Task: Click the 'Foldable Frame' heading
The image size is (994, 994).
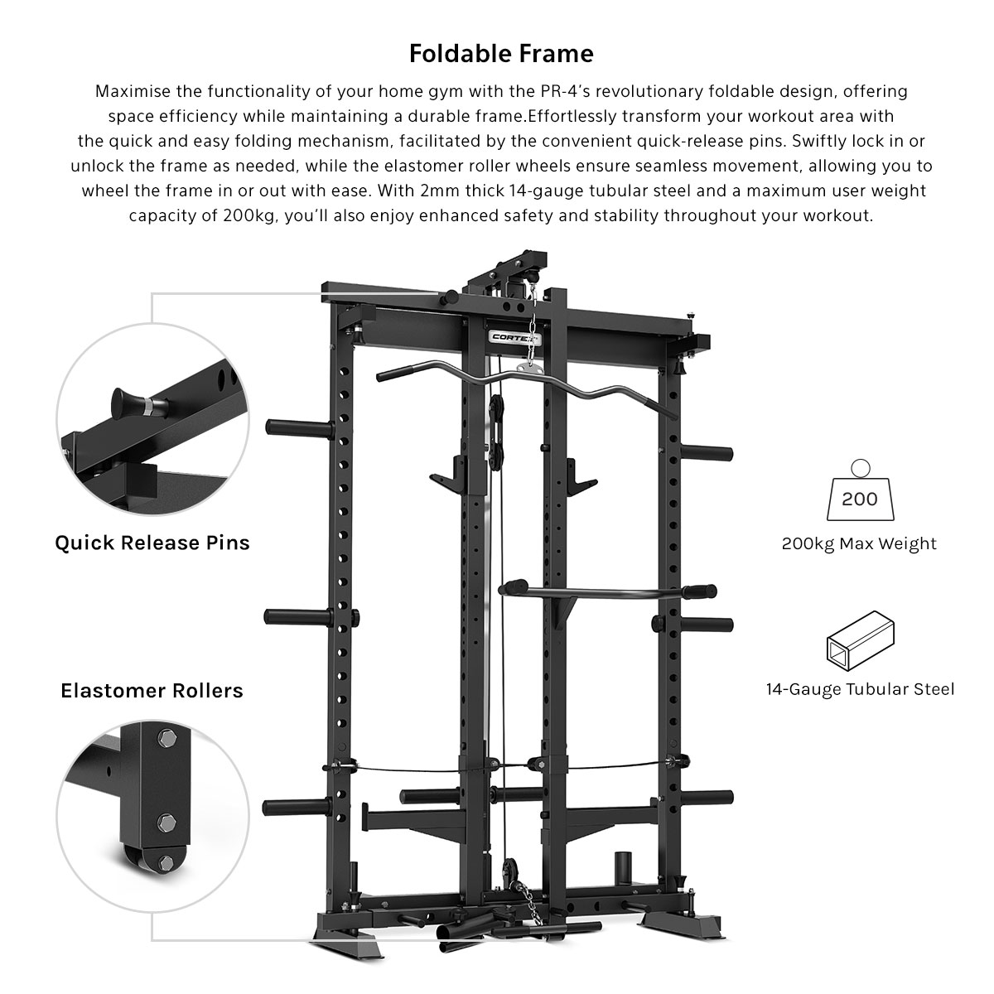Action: coord(501,54)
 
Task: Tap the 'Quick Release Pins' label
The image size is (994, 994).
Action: coord(152,543)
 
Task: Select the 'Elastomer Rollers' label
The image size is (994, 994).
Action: coord(152,691)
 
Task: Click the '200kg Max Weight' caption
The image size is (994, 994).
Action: coord(859,543)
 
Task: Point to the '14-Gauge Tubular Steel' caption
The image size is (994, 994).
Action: coord(860,689)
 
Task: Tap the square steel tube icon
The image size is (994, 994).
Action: coord(860,640)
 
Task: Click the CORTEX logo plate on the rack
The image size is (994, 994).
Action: coord(514,337)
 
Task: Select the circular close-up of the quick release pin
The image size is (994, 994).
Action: coord(152,419)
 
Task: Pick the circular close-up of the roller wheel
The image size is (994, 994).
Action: coord(152,817)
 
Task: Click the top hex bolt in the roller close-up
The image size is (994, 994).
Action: coord(166,739)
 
